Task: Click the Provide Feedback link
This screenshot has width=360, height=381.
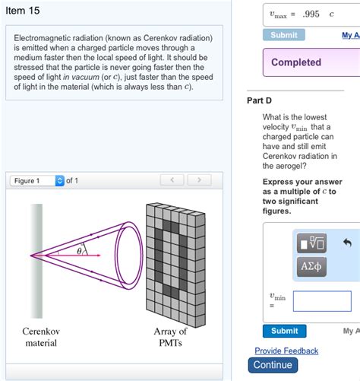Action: coord(286,351)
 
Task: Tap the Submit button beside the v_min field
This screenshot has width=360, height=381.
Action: coord(285,331)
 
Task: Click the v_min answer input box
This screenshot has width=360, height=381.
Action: coord(322,301)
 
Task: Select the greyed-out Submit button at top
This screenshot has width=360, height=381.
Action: coord(284,35)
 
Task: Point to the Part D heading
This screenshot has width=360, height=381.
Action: coord(259,100)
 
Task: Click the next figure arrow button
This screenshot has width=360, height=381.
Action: coord(199,180)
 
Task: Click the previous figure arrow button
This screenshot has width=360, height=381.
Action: coord(172,180)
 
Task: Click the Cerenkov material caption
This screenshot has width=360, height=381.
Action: coord(41,337)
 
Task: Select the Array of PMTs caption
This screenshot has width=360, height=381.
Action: coord(170,337)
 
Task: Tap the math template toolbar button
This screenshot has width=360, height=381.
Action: coord(312,243)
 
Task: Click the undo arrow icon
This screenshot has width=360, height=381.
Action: coord(348,243)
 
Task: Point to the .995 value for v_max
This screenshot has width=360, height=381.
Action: coord(311,14)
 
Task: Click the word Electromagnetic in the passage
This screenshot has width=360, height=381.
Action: coord(40,38)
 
